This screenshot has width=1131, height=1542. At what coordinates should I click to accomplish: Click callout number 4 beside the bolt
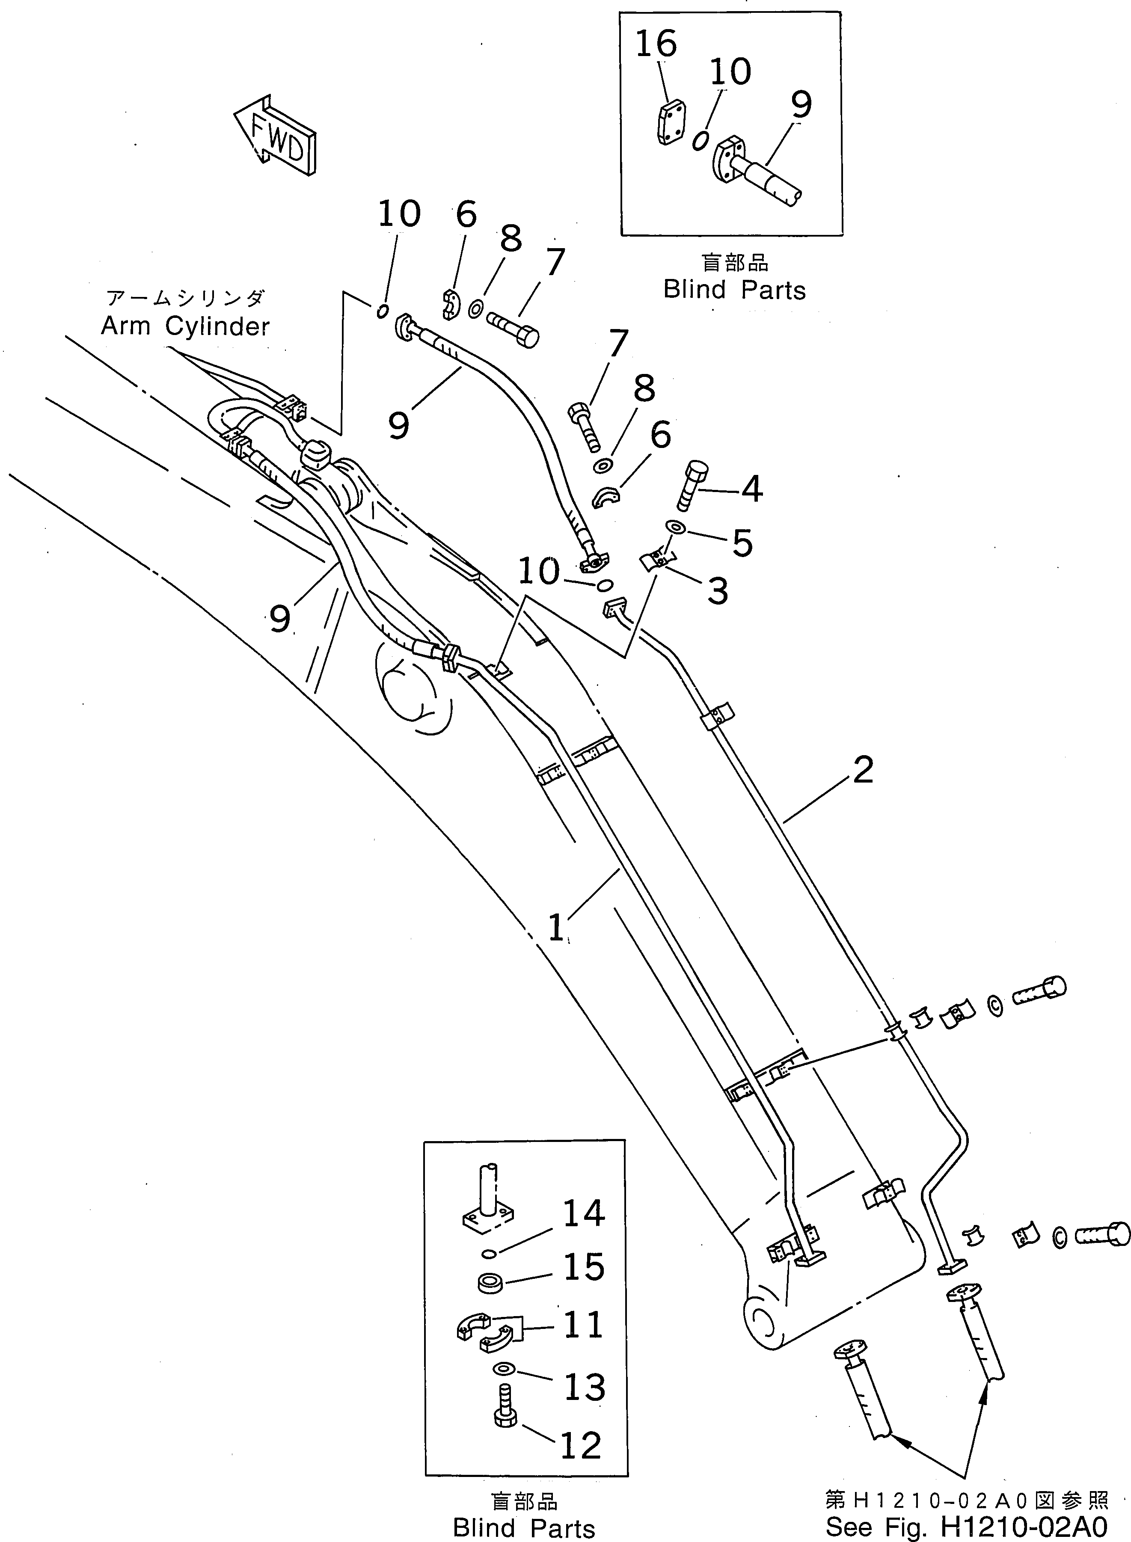752,490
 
